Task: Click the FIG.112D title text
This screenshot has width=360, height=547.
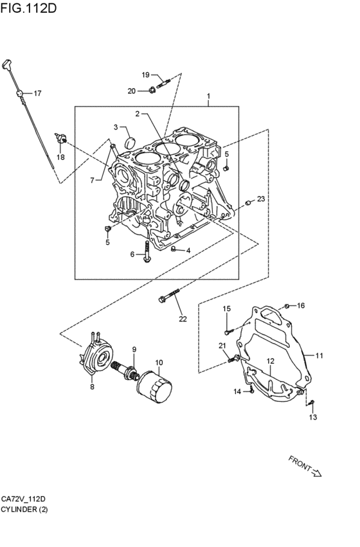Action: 28,8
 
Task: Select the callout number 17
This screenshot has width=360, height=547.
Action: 37,93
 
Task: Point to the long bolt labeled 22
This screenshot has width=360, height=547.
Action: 169,295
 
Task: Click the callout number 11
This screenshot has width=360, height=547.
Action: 319,356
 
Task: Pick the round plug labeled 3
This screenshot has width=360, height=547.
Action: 130,142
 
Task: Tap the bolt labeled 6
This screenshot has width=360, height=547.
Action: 147,251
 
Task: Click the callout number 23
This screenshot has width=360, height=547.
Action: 261,199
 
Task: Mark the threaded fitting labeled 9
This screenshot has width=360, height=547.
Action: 126,372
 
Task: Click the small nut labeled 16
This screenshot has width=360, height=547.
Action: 287,307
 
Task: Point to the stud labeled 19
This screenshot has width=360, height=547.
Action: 163,84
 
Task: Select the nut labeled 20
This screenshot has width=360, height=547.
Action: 152,91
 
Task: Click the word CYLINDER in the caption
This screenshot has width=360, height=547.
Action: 19,509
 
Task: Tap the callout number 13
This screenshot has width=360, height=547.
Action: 313,417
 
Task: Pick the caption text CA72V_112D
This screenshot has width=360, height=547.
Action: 23,499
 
